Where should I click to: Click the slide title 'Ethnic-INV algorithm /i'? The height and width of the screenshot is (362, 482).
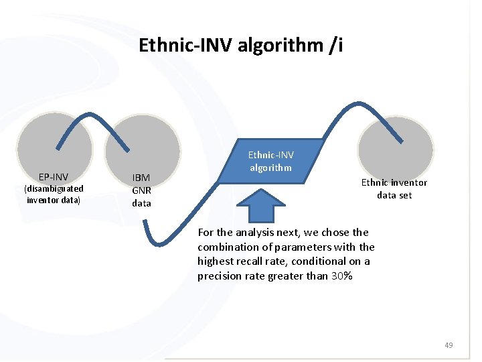pos(240,45)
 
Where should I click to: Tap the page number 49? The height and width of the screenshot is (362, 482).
pos(449,345)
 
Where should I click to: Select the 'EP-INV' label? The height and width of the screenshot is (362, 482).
pos(53,177)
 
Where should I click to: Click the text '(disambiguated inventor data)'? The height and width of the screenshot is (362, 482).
pos(53,194)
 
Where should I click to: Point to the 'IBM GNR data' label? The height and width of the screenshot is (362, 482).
pos(141,190)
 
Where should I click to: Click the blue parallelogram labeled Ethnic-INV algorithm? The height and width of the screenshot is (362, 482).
pos(271,162)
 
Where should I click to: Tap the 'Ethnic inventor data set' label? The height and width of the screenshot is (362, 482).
pos(394,189)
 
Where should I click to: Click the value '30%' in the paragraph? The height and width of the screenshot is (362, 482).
pos(341,276)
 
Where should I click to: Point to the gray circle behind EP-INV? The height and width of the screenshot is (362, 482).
pos(54,144)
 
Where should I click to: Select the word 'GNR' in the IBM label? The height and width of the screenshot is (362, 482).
pos(141,190)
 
